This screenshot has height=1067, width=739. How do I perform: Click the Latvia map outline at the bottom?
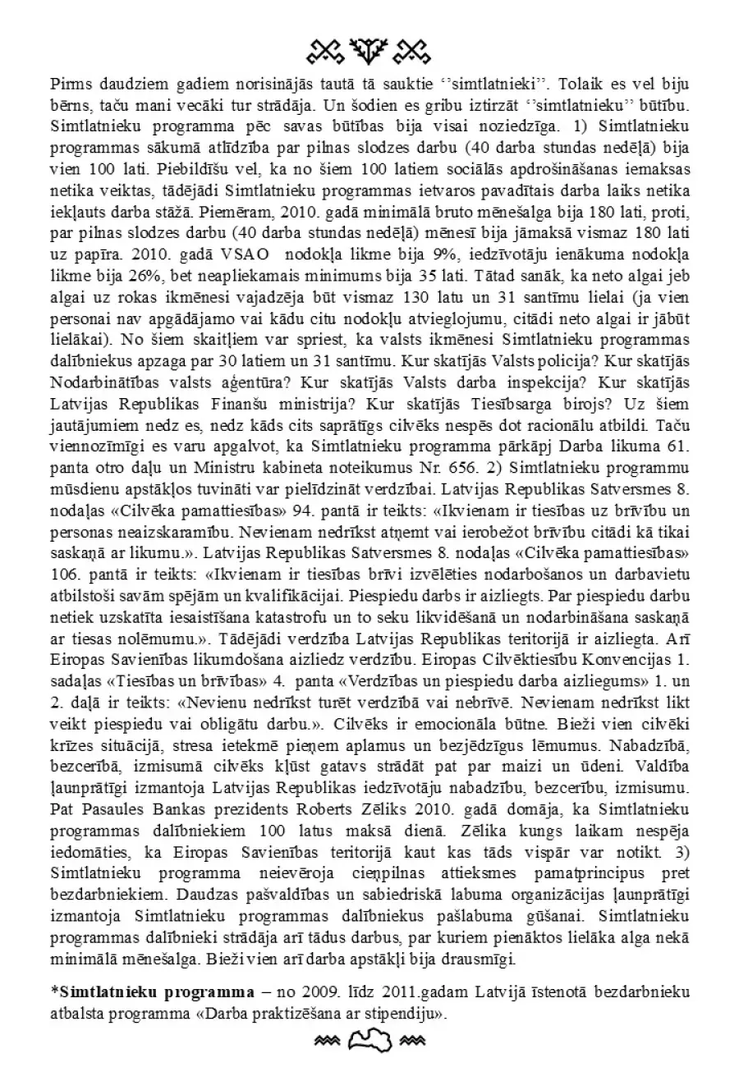pos(369,1042)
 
